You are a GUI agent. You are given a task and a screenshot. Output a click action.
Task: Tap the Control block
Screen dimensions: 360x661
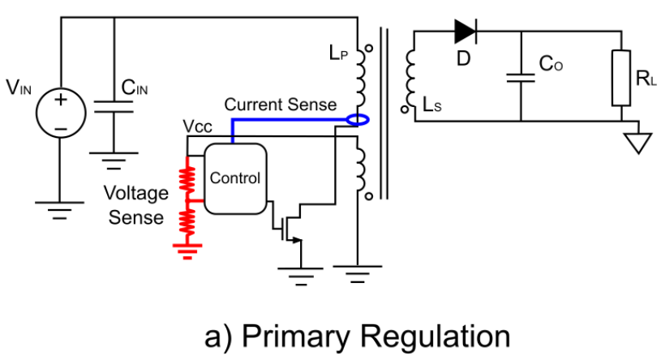click(x=235, y=178)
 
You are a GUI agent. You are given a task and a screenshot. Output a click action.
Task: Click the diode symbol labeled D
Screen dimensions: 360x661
click(x=466, y=32)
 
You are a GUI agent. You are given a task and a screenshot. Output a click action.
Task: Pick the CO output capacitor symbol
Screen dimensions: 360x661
click(x=520, y=78)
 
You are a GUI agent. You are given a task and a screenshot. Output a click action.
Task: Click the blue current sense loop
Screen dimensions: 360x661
click(x=356, y=121)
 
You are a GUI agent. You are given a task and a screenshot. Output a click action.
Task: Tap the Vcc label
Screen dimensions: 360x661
click(x=200, y=128)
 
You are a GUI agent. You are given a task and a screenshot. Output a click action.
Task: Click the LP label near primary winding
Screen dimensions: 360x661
click(x=339, y=54)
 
